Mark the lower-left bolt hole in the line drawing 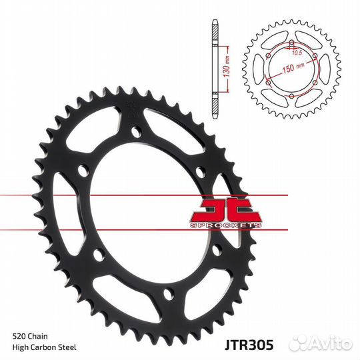click(269, 83)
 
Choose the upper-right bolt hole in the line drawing click(315, 57)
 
